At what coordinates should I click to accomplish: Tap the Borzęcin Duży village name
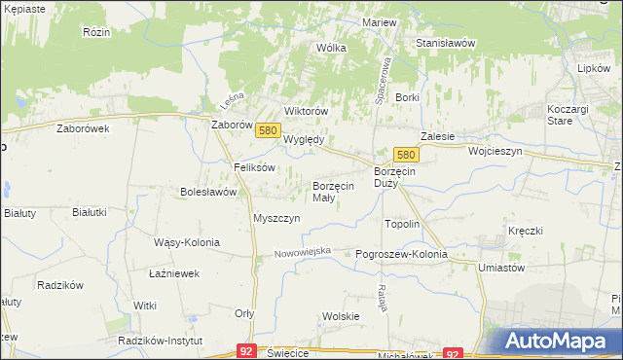tap(394, 177)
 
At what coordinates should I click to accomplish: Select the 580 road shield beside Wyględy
tap(270, 129)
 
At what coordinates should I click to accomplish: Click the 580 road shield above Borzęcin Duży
tap(406, 155)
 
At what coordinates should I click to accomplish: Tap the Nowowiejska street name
tap(303, 253)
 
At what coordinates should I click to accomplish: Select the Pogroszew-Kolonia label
tap(401, 255)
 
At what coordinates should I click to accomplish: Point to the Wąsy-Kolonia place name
tap(187, 242)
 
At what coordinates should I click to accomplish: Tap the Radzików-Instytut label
tap(160, 342)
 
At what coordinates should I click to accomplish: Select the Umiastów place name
tap(501, 268)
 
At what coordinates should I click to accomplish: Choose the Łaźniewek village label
tap(174, 274)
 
